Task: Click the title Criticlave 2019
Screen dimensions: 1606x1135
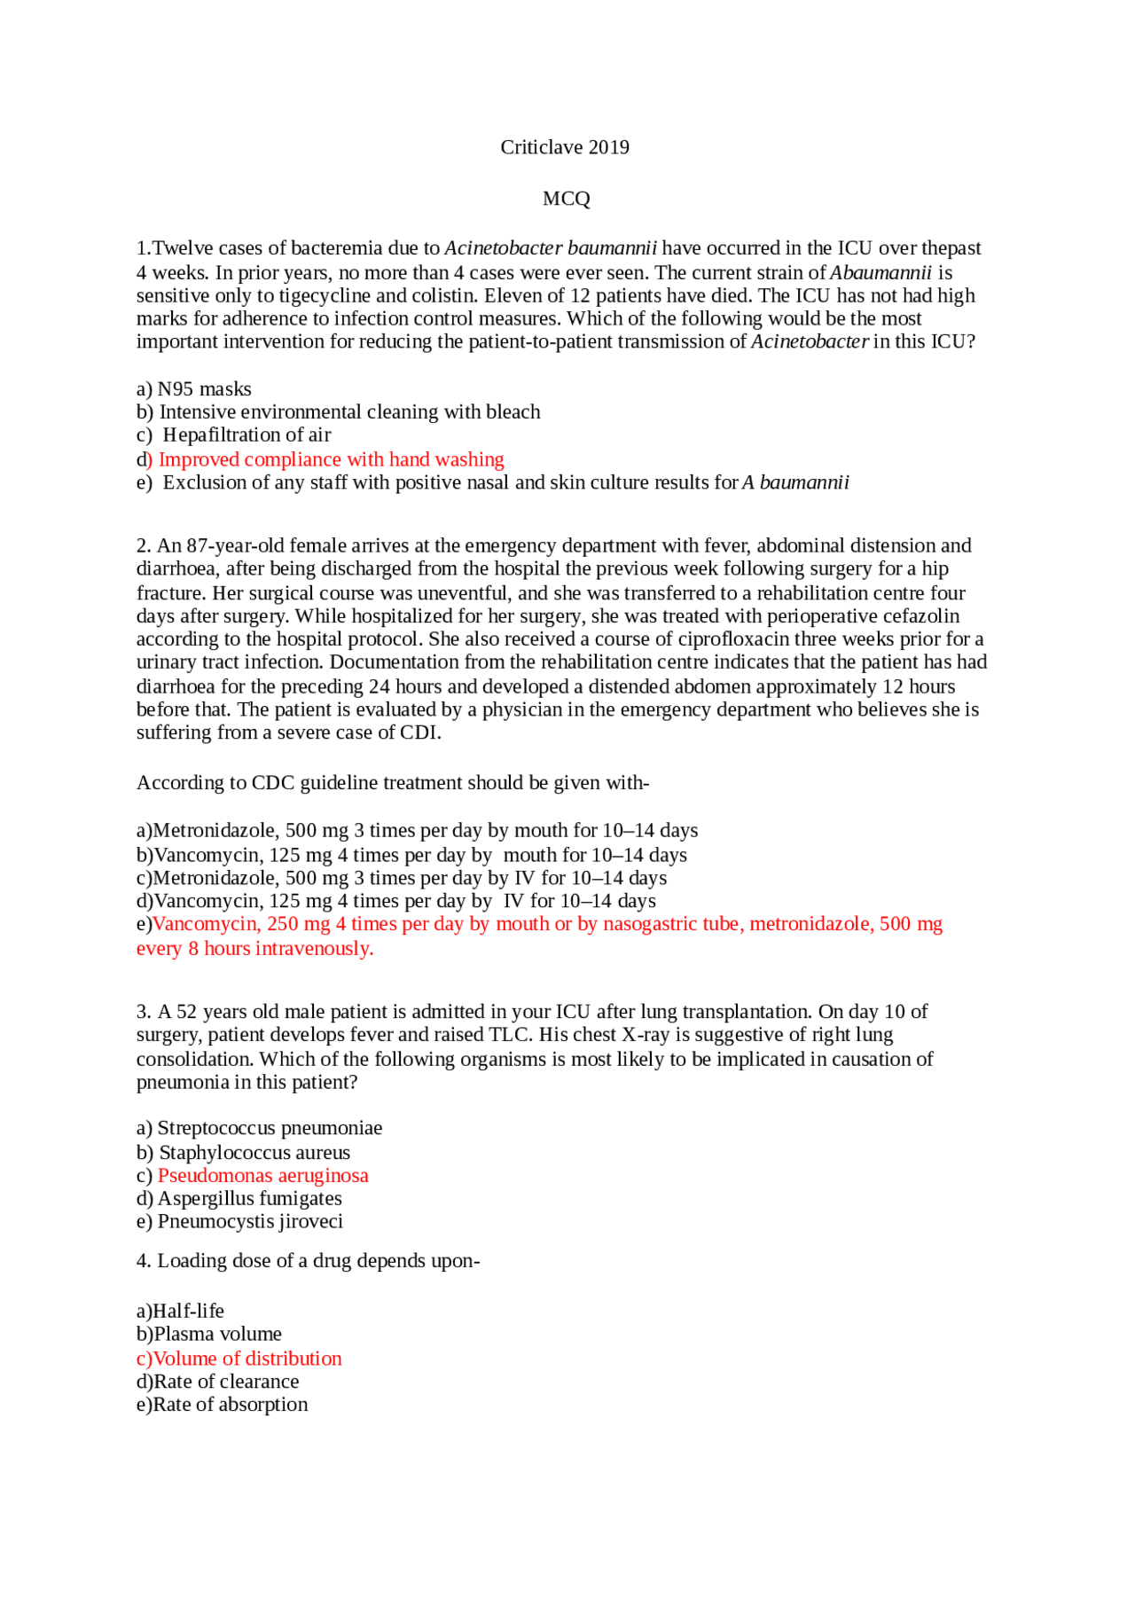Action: pos(565,147)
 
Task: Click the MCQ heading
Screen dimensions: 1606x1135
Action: pos(566,199)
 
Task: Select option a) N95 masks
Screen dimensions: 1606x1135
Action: pos(194,389)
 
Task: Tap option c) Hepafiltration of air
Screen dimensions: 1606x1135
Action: pos(234,435)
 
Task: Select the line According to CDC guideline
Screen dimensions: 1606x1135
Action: pos(392,783)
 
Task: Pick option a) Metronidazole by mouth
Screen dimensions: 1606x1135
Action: pos(417,831)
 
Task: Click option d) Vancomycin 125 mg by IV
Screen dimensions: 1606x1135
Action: pos(395,902)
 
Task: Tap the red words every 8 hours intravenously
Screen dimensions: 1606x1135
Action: pos(255,949)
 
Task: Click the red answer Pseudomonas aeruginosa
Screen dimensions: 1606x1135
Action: pos(262,1176)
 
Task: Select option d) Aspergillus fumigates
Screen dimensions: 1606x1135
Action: pos(239,1199)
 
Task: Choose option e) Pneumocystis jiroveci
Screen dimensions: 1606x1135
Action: pos(239,1222)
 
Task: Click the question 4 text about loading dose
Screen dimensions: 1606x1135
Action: pos(308,1261)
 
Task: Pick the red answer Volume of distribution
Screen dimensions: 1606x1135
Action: pos(239,1359)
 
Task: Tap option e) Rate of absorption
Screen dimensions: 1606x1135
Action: pos(222,1406)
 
